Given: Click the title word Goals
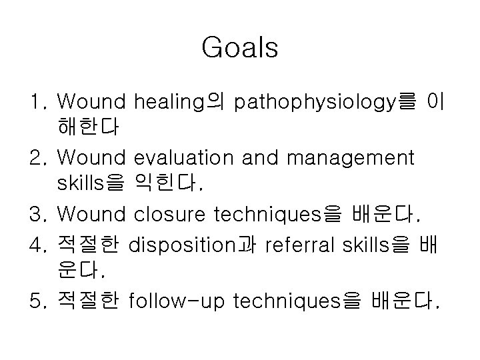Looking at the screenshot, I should tap(239, 48).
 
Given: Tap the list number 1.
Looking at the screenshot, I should tap(36, 101).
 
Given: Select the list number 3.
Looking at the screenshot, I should tap(37, 214).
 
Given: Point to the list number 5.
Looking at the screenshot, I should tap(37, 303).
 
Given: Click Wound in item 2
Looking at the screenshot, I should tap(91, 158).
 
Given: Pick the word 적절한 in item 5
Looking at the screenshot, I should tap(88, 303).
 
